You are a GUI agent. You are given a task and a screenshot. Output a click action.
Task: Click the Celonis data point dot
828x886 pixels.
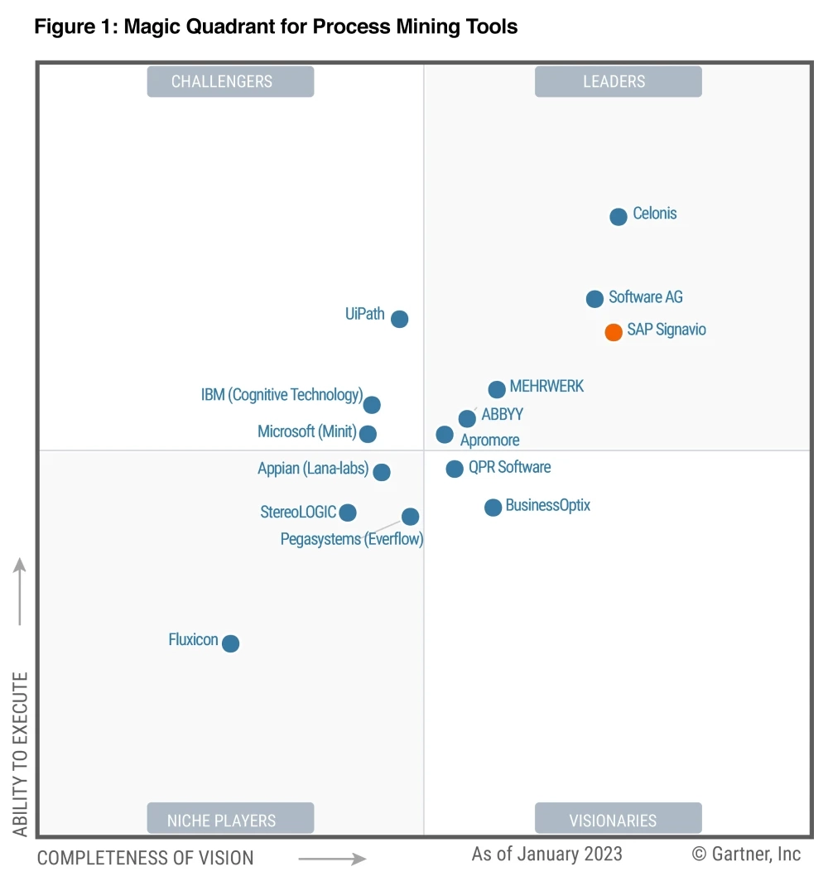pos(619,217)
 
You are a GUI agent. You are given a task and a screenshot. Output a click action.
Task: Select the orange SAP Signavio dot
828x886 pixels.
pos(614,332)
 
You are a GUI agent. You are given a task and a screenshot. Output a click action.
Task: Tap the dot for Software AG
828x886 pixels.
pos(595,299)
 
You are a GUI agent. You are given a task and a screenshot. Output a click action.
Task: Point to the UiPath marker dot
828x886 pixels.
pos(399,319)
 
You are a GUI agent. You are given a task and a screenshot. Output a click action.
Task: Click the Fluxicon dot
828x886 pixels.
pos(231,643)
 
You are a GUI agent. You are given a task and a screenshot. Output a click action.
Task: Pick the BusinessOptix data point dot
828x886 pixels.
pos(493,508)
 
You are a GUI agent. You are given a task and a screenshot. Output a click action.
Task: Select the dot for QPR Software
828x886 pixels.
pos(455,469)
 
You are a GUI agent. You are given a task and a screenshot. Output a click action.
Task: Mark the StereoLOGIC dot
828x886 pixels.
pos(348,513)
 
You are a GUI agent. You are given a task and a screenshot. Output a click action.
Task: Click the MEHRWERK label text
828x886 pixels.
pos(546,386)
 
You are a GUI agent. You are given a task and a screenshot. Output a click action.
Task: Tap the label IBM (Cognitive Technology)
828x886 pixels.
pos(282,395)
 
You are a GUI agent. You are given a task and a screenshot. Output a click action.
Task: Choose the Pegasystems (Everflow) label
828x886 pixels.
pos(352,540)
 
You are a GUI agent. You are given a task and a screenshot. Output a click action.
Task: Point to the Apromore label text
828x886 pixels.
pos(490,441)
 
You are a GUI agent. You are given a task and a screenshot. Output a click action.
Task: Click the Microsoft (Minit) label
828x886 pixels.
pos(306,431)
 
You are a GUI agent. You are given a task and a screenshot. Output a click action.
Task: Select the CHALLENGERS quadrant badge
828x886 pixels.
pos(230,81)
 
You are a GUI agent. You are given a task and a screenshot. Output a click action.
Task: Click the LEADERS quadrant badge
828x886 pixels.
pos(618,81)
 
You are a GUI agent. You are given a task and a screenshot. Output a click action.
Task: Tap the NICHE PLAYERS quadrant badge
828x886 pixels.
pos(230,820)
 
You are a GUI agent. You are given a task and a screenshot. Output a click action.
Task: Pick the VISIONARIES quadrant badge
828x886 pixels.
pos(618,820)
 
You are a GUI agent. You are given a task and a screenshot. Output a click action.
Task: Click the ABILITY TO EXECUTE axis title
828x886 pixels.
pos(21,754)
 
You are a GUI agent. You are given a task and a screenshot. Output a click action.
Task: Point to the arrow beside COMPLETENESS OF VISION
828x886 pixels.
pos(332,859)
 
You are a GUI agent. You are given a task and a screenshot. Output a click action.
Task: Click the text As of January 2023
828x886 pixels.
pos(546,854)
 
